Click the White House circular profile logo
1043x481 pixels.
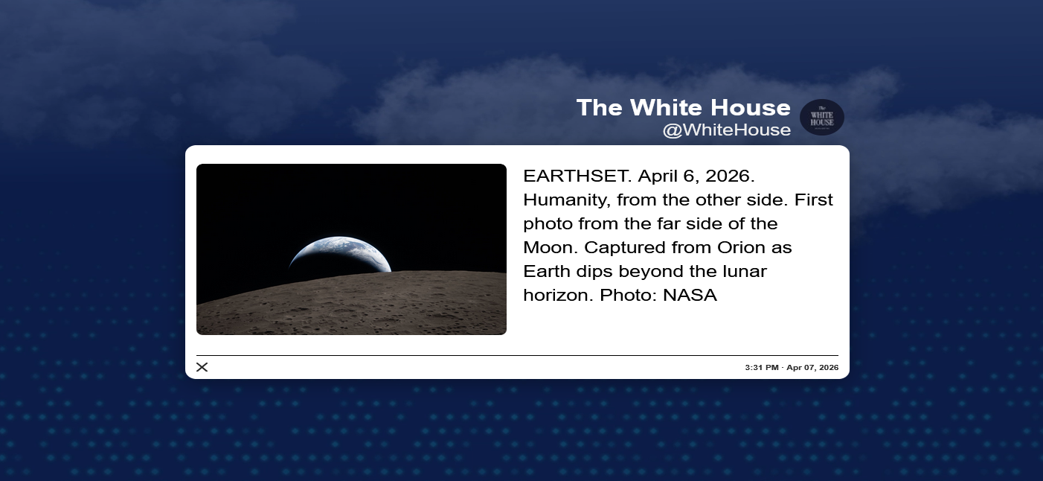click(x=822, y=118)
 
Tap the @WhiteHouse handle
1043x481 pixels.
click(x=726, y=130)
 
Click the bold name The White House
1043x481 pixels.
click(x=684, y=108)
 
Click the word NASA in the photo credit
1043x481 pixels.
click(x=690, y=295)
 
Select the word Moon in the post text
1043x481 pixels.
click(x=551, y=247)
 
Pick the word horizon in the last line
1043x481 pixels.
click(x=558, y=295)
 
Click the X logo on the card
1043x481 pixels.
click(x=202, y=367)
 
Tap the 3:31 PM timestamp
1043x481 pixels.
click(x=762, y=367)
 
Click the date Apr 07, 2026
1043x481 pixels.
click(x=812, y=367)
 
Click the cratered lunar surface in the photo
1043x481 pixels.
click(x=352, y=305)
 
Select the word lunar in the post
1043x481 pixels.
click(x=745, y=271)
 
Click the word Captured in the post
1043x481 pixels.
click(x=625, y=247)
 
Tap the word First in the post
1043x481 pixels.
click(x=813, y=200)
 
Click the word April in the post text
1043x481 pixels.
click(x=658, y=177)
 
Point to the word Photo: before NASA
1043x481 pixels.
click(x=628, y=295)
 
